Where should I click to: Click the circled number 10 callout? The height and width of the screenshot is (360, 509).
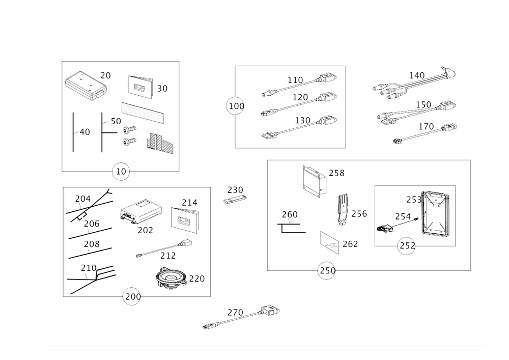click(121, 172)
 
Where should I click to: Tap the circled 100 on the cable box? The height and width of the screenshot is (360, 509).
click(235, 106)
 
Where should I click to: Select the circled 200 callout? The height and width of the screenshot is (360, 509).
click(131, 297)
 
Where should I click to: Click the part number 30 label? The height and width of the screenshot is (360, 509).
click(162, 89)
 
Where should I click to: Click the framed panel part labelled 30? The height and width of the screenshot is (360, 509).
click(139, 86)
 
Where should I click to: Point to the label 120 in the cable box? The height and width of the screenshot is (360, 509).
click(300, 97)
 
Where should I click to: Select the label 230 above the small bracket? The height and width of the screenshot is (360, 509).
click(235, 190)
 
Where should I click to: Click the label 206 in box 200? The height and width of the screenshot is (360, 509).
click(91, 225)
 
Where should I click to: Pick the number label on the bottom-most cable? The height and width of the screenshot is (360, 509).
click(235, 311)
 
